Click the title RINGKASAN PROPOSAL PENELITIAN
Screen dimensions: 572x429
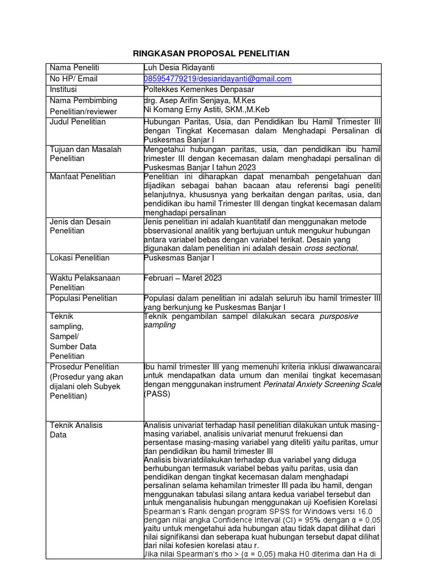click(211, 54)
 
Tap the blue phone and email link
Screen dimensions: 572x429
click(218, 79)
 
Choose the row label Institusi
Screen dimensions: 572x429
click(64, 89)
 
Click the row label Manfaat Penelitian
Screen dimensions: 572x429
click(83, 177)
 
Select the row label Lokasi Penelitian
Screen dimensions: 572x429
click(80, 258)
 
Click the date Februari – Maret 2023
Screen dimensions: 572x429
click(183, 278)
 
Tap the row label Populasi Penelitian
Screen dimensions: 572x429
click(84, 298)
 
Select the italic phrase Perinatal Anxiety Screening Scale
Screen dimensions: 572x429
click(322, 384)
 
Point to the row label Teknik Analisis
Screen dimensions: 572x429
click(77, 425)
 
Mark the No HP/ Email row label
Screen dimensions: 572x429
click(74, 79)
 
